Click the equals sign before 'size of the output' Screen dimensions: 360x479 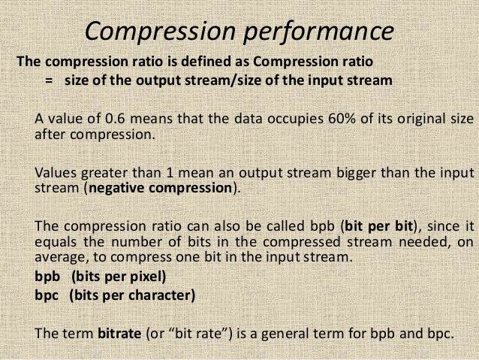click(x=50, y=81)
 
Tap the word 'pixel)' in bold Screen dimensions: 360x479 click(x=146, y=276)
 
